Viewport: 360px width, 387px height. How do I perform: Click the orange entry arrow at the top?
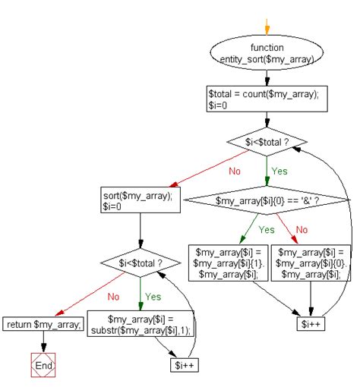(x=267, y=27)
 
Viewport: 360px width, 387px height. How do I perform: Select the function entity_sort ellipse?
(x=267, y=52)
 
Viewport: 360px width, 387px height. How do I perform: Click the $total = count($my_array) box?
(x=267, y=99)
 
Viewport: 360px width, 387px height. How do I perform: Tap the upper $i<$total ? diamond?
(x=267, y=142)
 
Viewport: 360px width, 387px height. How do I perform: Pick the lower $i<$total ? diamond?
(x=141, y=263)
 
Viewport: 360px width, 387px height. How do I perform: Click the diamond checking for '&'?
(x=267, y=200)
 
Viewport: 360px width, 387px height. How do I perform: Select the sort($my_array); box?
(x=141, y=200)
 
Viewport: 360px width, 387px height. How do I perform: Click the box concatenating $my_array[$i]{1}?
(x=228, y=263)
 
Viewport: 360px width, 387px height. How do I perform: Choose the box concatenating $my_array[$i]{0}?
(x=311, y=263)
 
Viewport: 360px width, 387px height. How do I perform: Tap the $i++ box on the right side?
(x=311, y=323)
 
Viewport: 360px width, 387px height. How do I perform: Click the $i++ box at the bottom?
(x=185, y=365)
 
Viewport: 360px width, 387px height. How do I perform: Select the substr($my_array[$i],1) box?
(x=141, y=323)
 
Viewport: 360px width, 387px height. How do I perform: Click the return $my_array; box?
(x=43, y=324)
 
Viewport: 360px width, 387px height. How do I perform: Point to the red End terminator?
(x=43, y=365)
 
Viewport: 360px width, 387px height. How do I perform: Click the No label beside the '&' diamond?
(x=302, y=230)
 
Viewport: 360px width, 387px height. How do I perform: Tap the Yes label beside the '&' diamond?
(x=267, y=230)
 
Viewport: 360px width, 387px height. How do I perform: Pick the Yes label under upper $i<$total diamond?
(x=279, y=171)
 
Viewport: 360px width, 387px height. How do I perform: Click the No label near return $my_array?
(x=113, y=297)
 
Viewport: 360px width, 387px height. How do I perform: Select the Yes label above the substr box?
(x=153, y=297)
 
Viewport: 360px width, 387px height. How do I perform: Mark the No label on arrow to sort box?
(x=235, y=171)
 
